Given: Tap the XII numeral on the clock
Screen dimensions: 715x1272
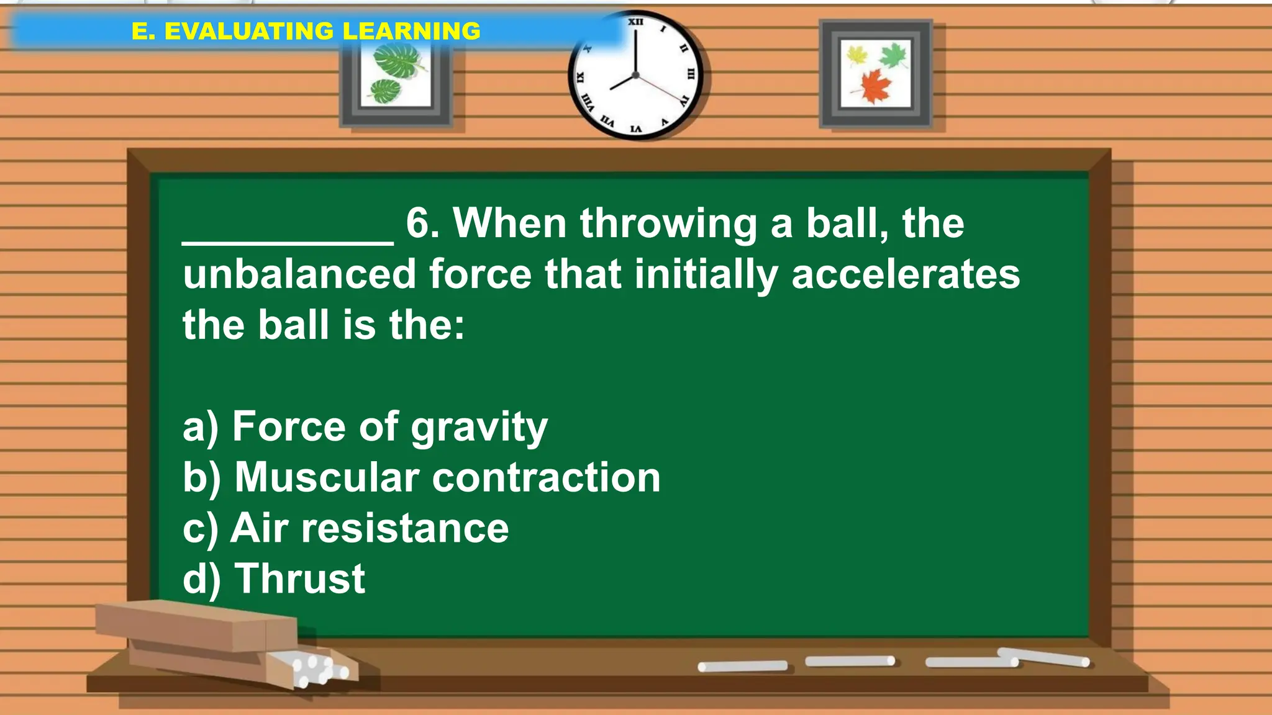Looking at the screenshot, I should click(x=635, y=22).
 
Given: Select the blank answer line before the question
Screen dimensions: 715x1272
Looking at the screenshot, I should click(x=288, y=239).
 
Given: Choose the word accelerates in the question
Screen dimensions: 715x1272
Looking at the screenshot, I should click(x=906, y=274).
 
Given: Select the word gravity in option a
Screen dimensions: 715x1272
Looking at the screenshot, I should click(x=479, y=428).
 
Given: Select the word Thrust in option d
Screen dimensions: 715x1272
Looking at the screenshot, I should click(x=300, y=578).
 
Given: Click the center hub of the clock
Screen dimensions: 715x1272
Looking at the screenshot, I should click(x=635, y=75).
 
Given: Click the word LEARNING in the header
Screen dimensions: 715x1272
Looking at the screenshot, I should click(x=411, y=31).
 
